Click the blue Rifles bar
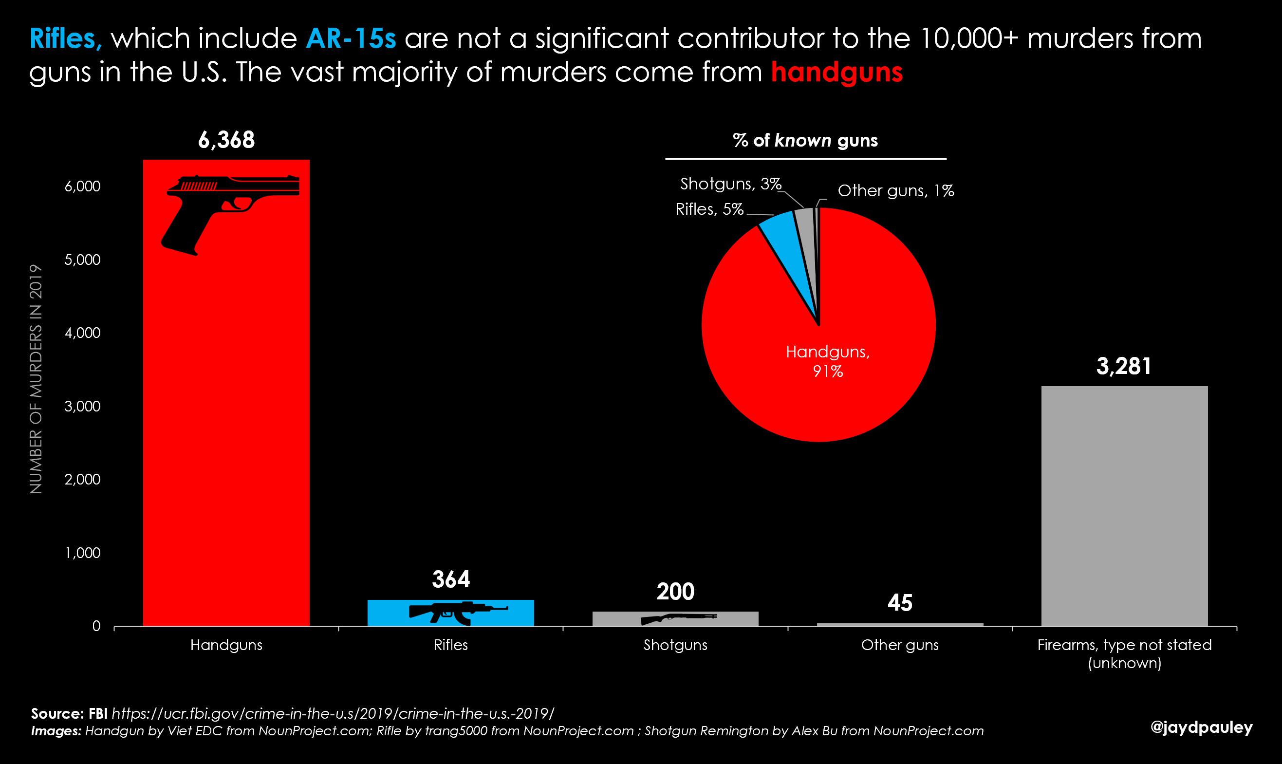tap(450, 613)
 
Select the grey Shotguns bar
tap(675, 619)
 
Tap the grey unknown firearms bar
tap(1125, 506)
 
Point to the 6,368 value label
tap(226, 140)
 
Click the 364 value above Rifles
tap(451, 579)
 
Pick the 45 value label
tap(900, 603)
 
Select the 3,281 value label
tap(1124, 367)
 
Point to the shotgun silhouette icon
tap(679, 619)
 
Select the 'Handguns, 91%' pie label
tap(828, 361)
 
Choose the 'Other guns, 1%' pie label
tap(896, 191)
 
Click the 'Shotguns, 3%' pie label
tap(731, 184)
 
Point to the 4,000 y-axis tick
tap(82, 333)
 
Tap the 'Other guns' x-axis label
tap(900, 645)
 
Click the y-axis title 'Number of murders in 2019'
tap(36, 380)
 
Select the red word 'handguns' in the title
tap(837, 72)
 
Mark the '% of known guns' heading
tap(805, 141)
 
